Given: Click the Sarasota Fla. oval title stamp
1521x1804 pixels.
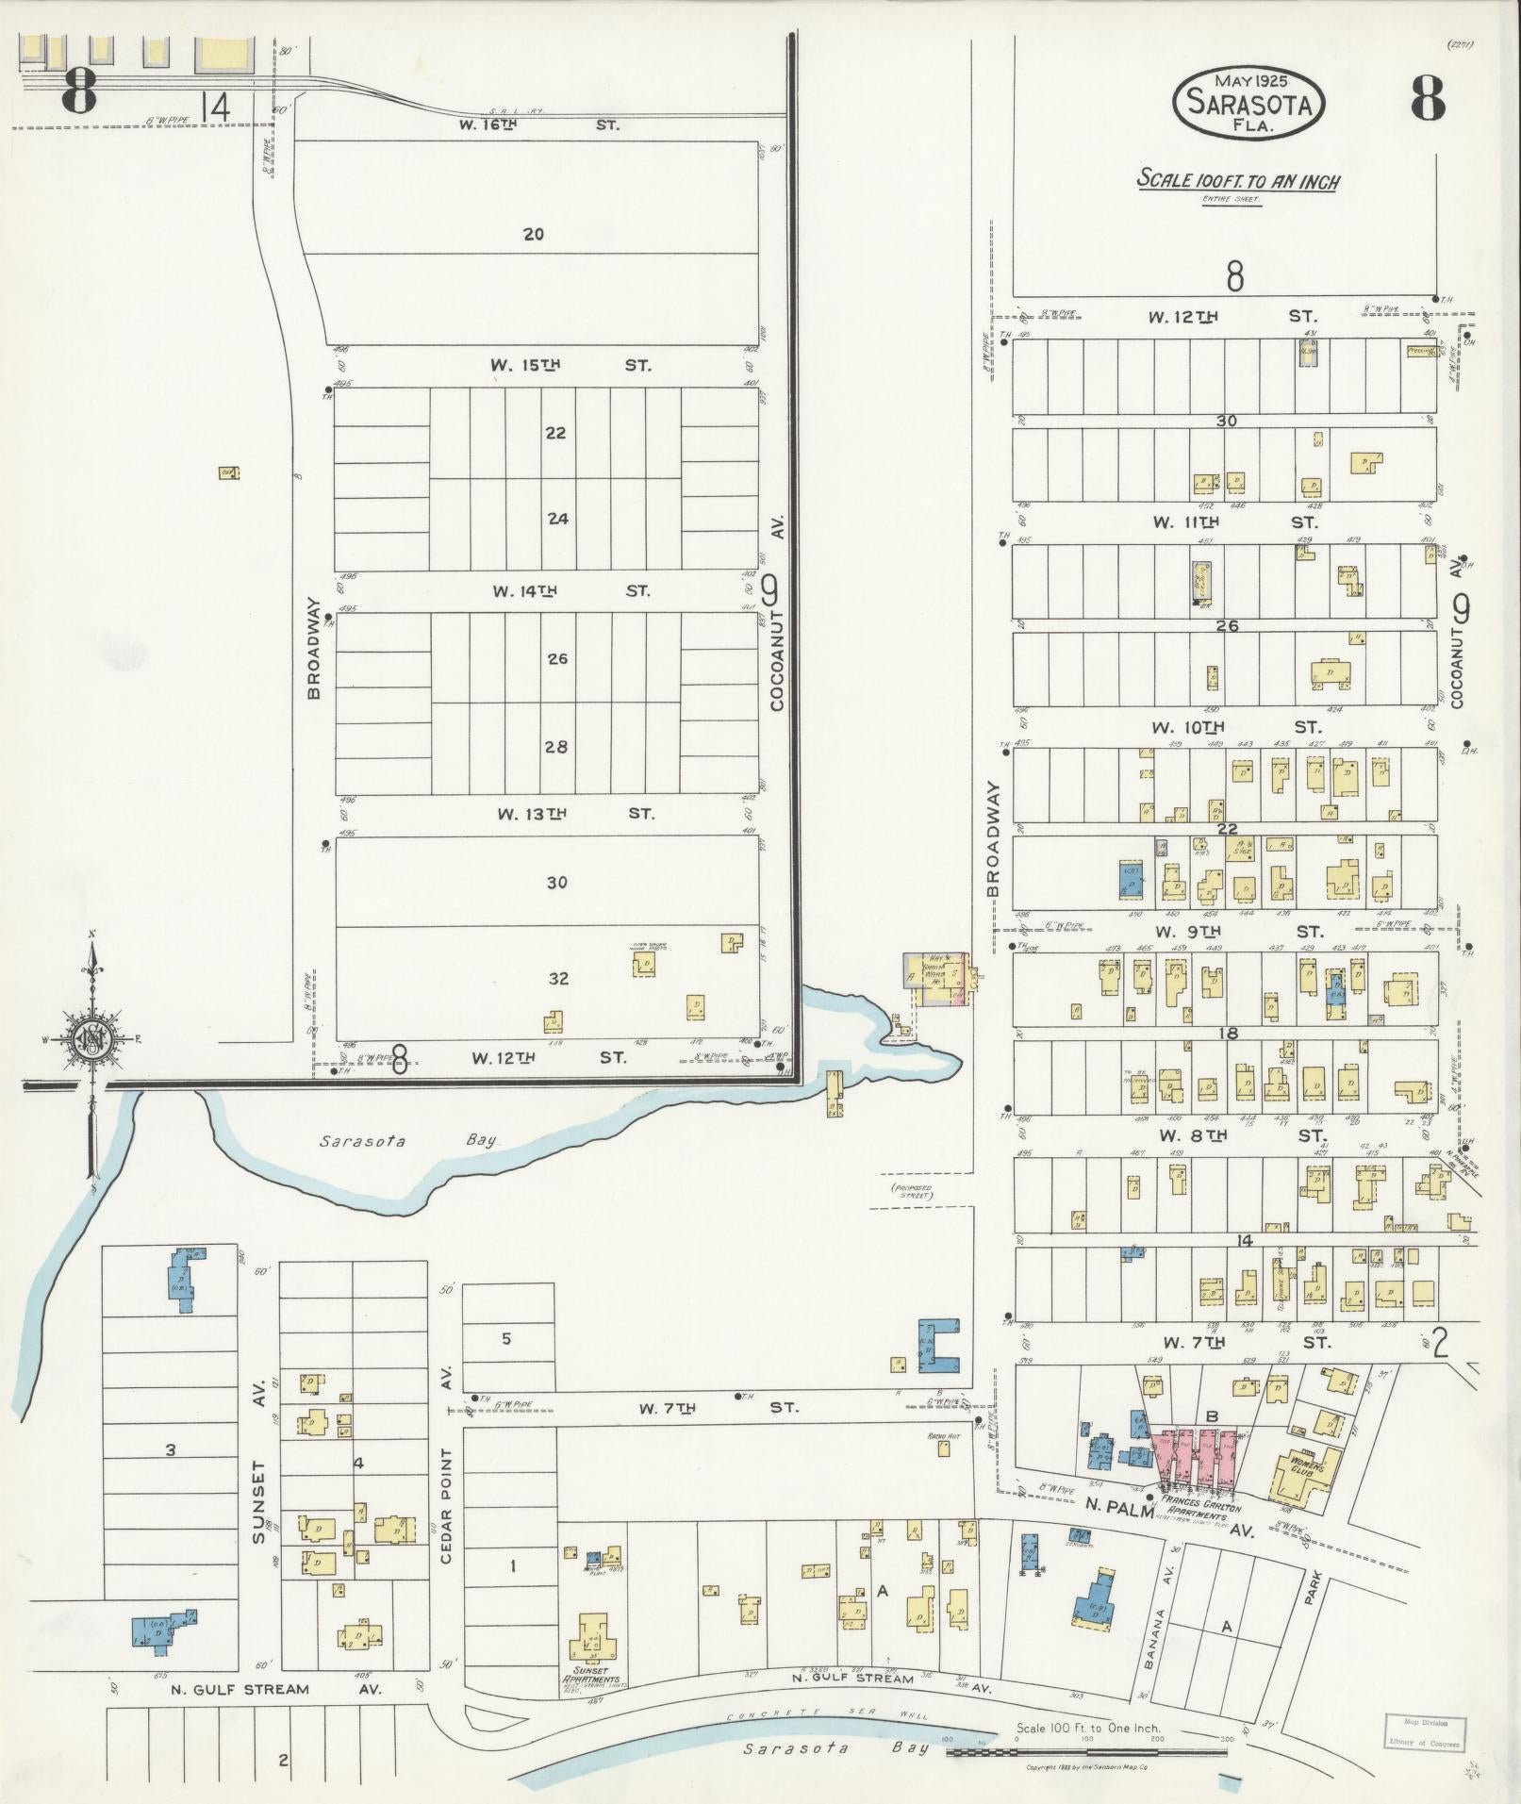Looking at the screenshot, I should pyautogui.click(x=1248, y=103).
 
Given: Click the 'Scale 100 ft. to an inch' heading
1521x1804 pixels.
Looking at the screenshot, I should pyautogui.click(x=1236, y=180).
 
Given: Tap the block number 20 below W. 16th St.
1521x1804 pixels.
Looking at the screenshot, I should pyautogui.click(x=534, y=234).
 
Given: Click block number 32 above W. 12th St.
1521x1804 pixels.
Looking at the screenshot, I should pyautogui.click(x=558, y=978).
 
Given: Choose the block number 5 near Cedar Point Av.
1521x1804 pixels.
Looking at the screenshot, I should pyautogui.click(x=506, y=1338).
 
